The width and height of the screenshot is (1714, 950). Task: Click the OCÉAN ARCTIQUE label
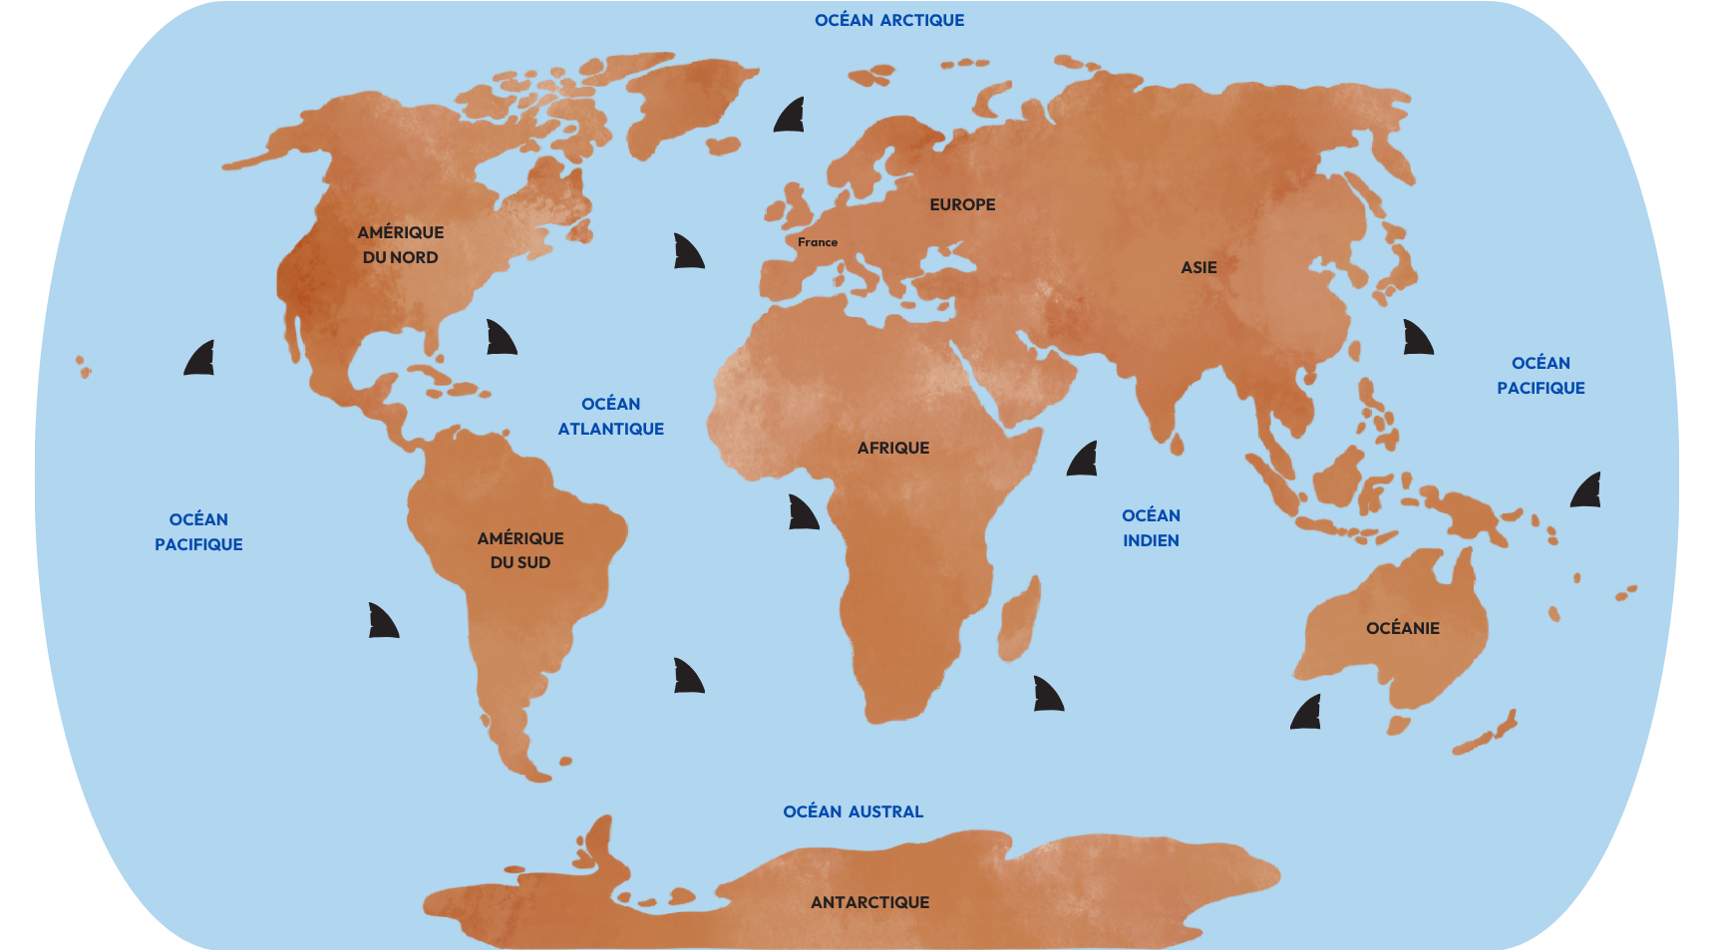click(889, 20)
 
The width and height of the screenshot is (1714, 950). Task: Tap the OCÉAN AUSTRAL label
click(853, 811)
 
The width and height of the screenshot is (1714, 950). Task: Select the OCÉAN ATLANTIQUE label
click(610, 417)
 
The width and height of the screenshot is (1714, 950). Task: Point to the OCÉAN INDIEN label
click(1151, 528)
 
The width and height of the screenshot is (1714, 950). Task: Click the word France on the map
click(818, 242)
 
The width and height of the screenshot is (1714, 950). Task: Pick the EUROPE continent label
click(962, 204)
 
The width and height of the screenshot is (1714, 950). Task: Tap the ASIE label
click(1199, 267)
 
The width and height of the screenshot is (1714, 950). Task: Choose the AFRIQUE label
click(893, 448)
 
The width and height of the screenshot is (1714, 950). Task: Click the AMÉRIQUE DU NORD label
click(401, 244)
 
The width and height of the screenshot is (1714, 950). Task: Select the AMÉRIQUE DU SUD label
click(520, 550)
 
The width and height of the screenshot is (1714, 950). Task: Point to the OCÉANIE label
click(1402, 628)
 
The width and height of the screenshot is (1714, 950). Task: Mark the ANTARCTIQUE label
click(869, 902)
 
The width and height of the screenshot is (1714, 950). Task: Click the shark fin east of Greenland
click(790, 117)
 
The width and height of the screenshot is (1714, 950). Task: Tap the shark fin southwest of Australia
click(1306, 713)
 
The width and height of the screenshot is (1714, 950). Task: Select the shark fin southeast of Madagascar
click(1048, 695)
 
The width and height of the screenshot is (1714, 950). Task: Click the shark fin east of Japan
click(1417, 339)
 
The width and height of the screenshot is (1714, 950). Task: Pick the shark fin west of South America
click(383, 621)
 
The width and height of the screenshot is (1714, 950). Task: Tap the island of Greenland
click(688, 100)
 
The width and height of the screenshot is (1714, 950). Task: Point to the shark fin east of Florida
click(501, 339)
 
